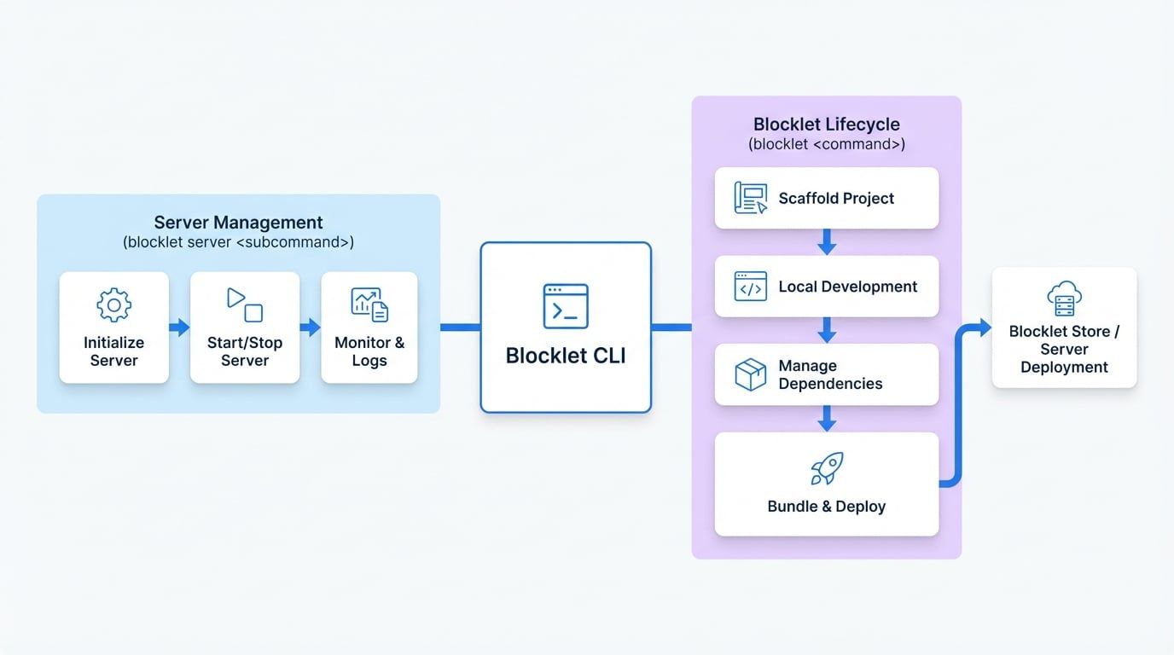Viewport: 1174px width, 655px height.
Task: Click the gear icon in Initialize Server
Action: pos(113,305)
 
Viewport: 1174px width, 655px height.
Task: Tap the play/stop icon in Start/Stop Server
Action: pos(245,304)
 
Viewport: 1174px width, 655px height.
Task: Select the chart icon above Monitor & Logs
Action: pos(369,305)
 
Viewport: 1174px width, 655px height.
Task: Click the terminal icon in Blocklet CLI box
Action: pos(566,306)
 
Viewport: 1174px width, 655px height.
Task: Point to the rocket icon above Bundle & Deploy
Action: pos(827,468)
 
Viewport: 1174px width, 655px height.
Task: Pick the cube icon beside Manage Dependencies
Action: pos(750,375)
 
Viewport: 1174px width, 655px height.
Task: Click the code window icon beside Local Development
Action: pos(750,287)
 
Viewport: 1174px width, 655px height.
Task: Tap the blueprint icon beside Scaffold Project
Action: pos(750,198)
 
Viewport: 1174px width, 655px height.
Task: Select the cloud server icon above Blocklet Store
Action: pos(1064,299)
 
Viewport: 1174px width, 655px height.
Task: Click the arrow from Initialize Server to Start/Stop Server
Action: pos(179,327)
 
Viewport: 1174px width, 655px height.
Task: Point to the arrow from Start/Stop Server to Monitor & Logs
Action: pos(310,327)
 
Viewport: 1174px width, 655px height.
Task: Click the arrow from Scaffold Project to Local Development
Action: pos(826,242)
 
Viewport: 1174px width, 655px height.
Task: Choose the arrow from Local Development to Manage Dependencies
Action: pos(826,331)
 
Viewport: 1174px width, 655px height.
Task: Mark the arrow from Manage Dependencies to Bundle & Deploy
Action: pos(826,419)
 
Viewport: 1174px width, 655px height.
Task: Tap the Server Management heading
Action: pos(238,223)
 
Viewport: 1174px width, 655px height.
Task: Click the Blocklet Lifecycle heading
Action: pos(826,125)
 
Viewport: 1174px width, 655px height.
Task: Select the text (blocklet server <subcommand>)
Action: pos(238,242)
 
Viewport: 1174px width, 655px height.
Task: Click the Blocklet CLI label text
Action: pos(566,356)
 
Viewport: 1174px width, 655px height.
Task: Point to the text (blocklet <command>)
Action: pos(826,144)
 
